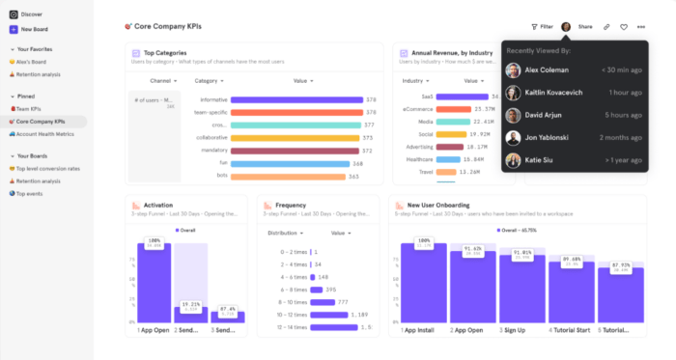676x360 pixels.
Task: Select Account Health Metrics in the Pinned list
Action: click(x=46, y=134)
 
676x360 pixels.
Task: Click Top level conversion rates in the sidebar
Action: click(x=48, y=168)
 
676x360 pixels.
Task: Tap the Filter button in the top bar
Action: click(x=542, y=27)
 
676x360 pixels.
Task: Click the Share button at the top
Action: click(x=584, y=27)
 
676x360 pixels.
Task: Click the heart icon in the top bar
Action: click(x=624, y=27)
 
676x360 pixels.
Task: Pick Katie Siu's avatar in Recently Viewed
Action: click(x=513, y=160)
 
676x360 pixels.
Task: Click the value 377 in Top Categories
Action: click(x=368, y=125)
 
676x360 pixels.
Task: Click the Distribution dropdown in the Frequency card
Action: click(x=287, y=233)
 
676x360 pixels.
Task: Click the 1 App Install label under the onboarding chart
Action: click(x=422, y=331)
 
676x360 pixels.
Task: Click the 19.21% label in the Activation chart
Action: click(x=190, y=304)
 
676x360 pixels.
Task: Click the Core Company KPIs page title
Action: click(x=175, y=27)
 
